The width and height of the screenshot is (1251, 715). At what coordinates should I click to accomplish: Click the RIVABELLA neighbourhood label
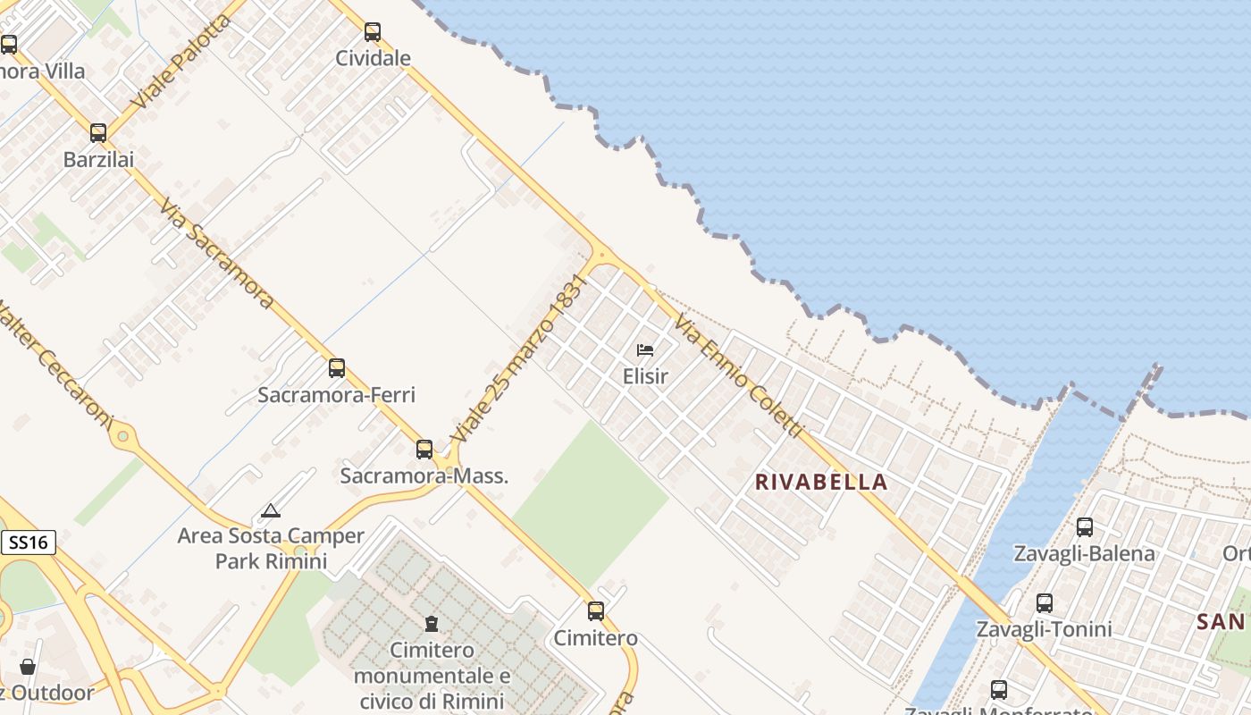click(x=821, y=483)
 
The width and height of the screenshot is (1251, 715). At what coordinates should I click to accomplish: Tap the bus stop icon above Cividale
click(x=373, y=32)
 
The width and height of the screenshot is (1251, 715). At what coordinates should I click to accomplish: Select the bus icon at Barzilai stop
click(x=98, y=133)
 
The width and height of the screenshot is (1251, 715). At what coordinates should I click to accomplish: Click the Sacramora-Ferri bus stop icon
click(x=337, y=367)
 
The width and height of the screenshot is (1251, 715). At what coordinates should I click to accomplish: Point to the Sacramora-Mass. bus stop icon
click(x=424, y=449)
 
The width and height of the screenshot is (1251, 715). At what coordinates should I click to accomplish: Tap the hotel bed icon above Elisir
click(x=645, y=350)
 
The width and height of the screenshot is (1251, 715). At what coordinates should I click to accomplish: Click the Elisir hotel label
click(x=645, y=376)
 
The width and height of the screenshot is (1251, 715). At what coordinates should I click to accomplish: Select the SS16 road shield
click(x=29, y=542)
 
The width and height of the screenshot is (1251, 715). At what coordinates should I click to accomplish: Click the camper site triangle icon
click(x=271, y=510)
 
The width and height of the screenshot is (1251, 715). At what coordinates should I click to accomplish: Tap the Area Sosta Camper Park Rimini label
click(x=271, y=549)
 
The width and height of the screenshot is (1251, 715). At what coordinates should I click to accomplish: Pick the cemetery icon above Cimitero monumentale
click(x=432, y=623)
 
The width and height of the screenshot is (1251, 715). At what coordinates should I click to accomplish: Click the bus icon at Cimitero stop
click(x=596, y=611)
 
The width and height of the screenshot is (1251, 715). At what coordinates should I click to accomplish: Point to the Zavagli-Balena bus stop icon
click(x=1085, y=527)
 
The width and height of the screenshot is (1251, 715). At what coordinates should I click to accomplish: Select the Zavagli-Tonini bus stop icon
click(x=1044, y=603)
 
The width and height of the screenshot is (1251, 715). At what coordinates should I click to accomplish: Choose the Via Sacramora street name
click(x=217, y=254)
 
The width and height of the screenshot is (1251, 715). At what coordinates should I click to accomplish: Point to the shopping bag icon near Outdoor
click(x=28, y=667)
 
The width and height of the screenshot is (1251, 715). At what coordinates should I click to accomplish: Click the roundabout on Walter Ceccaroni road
click(x=122, y=438)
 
